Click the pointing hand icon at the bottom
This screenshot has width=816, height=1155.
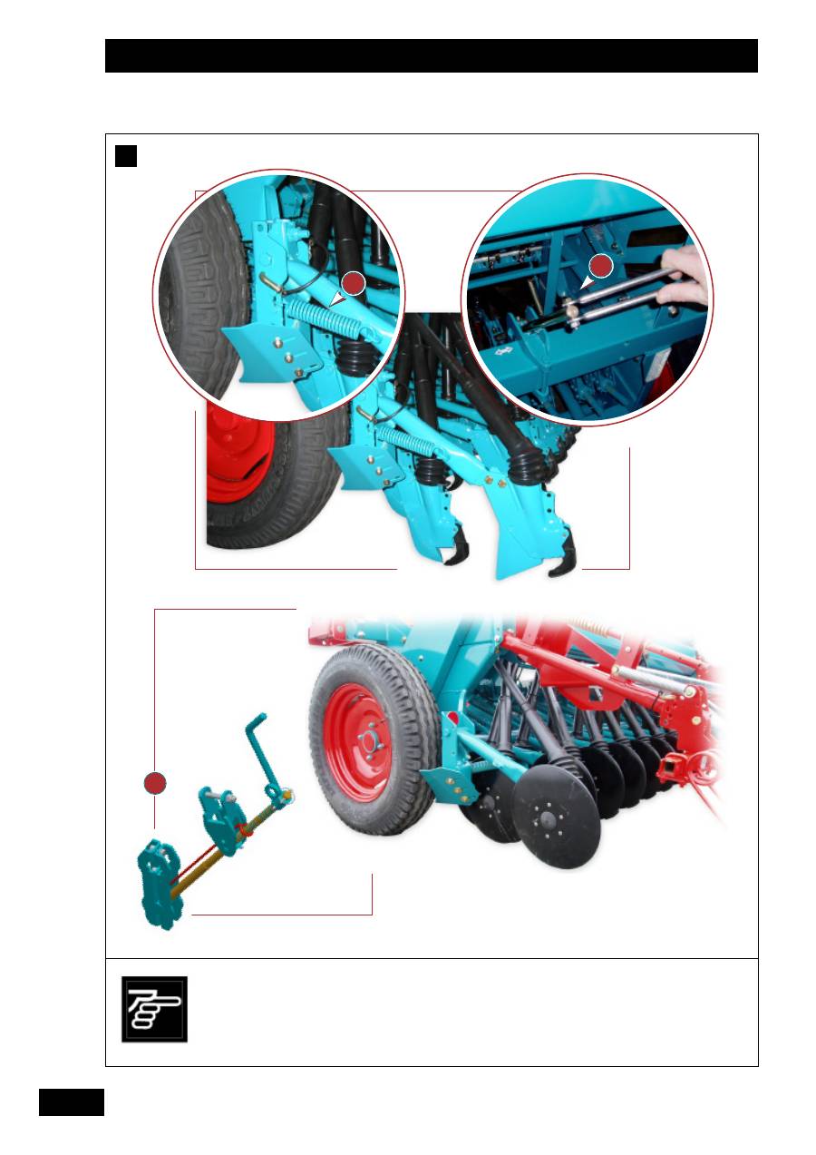154,1009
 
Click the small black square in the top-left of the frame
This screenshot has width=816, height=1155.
126,156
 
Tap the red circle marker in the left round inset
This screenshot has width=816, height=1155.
354,283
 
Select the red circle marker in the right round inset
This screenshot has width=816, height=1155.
601,266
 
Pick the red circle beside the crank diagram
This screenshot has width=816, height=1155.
155,783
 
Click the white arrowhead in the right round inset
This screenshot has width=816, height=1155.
588,284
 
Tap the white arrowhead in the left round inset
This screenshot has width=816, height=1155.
337,298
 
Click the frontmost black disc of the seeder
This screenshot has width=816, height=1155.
555,822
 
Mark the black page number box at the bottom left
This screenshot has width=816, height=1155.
72,1102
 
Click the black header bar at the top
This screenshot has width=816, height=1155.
431,55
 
